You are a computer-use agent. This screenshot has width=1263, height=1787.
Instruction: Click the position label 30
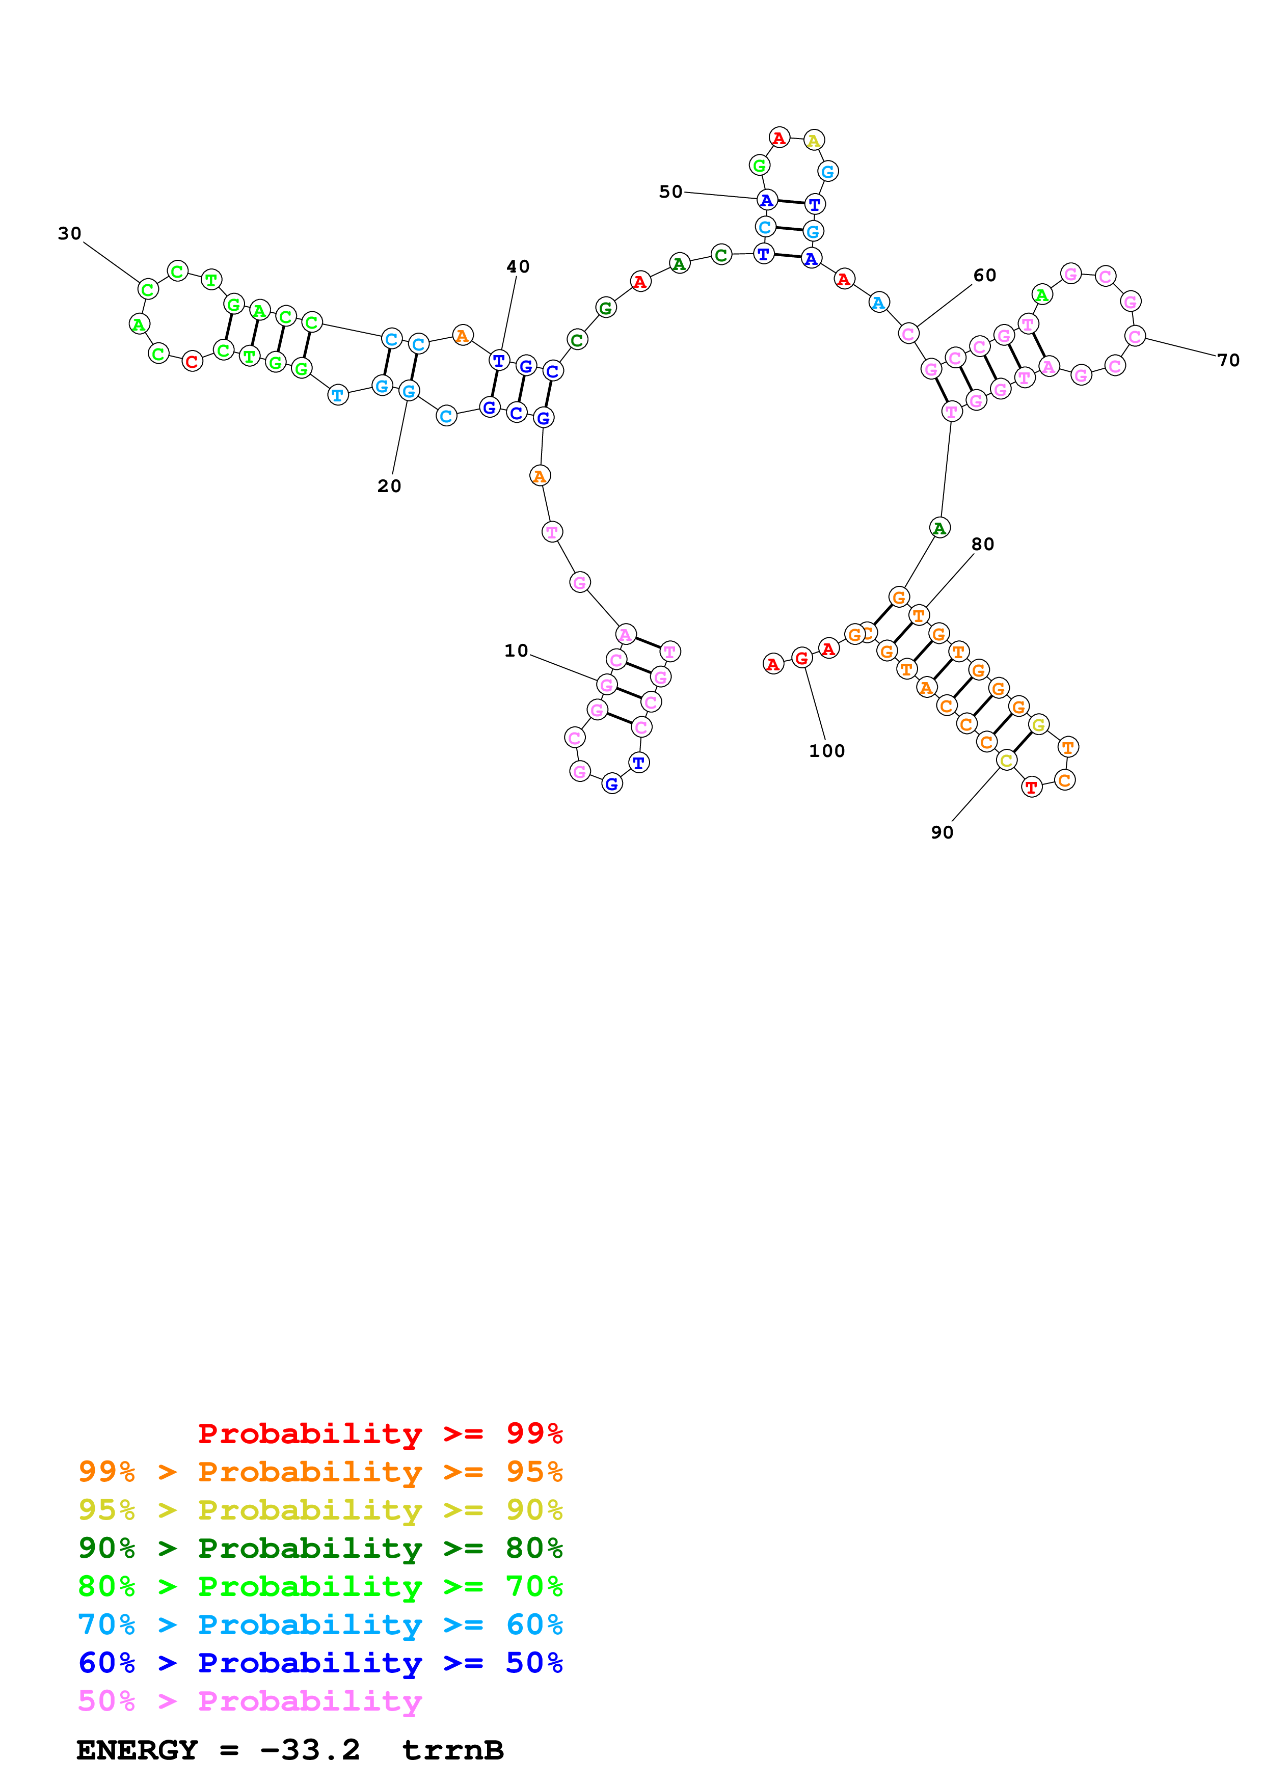(69, 233)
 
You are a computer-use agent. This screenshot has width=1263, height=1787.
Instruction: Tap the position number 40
(518, 267)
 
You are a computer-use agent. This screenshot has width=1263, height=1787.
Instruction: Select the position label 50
(670, 192)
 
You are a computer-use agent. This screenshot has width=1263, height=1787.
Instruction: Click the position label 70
(1228, 360)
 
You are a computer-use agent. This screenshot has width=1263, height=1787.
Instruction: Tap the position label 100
(826, 751)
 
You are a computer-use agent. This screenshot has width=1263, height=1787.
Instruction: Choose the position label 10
(516, 651)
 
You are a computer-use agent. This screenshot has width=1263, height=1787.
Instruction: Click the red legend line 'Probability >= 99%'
(380, 1433)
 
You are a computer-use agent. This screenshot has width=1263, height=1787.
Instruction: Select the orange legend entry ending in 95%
(320, 1472)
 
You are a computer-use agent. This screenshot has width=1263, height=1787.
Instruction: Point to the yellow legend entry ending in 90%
(320, 1510)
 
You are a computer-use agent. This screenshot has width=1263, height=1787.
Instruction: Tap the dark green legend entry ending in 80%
(320, 1548)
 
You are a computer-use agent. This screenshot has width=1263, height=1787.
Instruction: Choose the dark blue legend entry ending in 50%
(320, 1663)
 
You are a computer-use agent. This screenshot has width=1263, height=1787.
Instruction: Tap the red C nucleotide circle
(192, 362)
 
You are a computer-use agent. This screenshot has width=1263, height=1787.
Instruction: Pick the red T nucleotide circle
(1031, 788)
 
